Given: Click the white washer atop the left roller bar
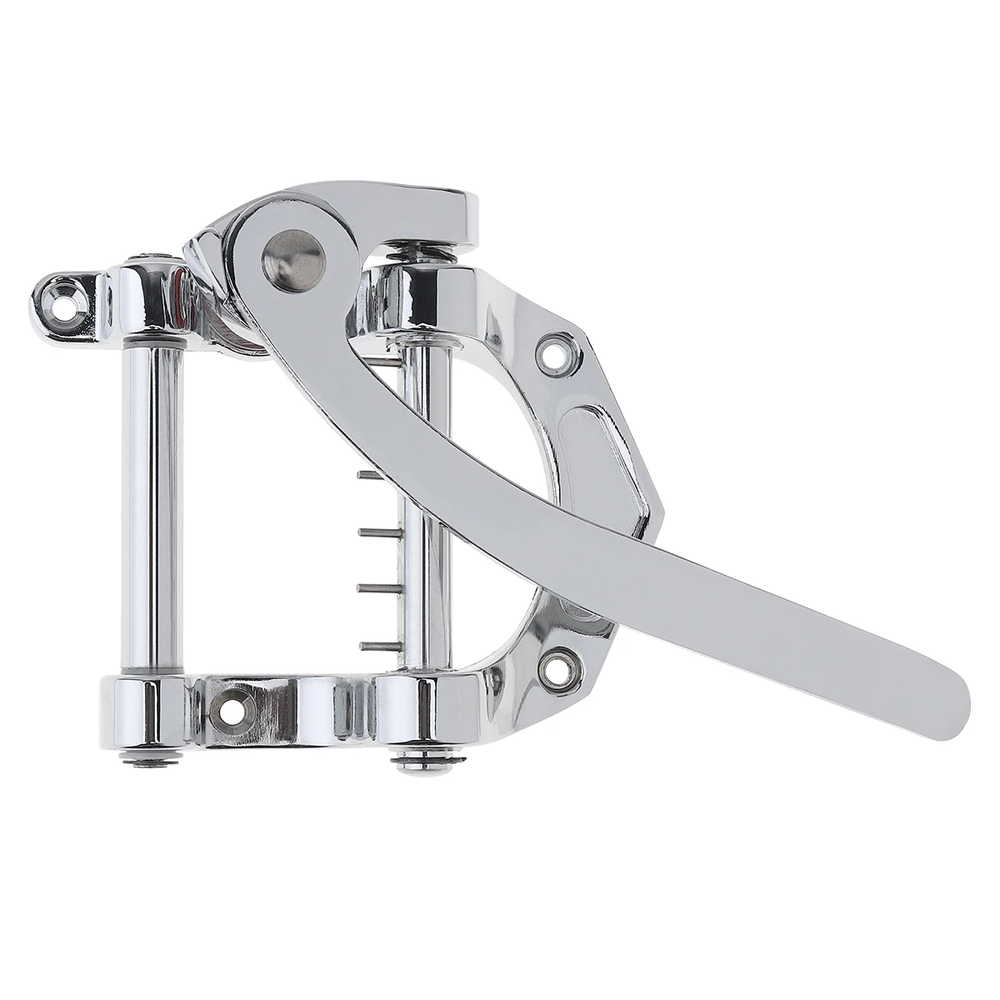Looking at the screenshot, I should click(152, 342).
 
